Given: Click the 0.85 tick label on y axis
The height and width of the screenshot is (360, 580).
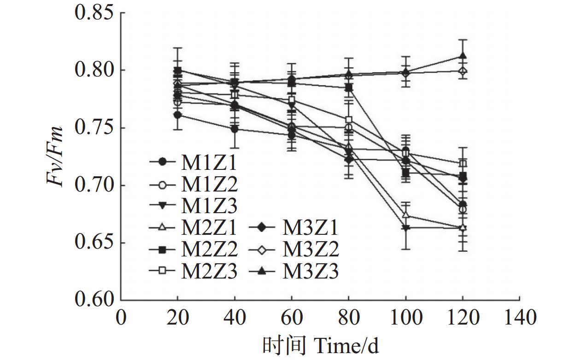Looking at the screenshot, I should click(94, 13).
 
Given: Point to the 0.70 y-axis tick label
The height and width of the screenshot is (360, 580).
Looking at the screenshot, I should click(94, 186).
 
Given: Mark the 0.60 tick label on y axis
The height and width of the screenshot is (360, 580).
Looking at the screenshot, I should click(94, 300).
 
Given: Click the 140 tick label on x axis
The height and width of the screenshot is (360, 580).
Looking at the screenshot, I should click(519, 318).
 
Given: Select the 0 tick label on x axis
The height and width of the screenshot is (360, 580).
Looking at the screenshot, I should click(121, 318).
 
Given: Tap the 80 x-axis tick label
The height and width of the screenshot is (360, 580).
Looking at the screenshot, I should click(349, 318).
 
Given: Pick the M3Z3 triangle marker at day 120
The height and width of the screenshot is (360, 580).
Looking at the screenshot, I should click(463, 56).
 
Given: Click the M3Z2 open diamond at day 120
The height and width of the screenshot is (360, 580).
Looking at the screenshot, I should click(463, 71).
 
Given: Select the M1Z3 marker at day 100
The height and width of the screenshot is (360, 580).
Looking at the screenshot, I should click(405, 228).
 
